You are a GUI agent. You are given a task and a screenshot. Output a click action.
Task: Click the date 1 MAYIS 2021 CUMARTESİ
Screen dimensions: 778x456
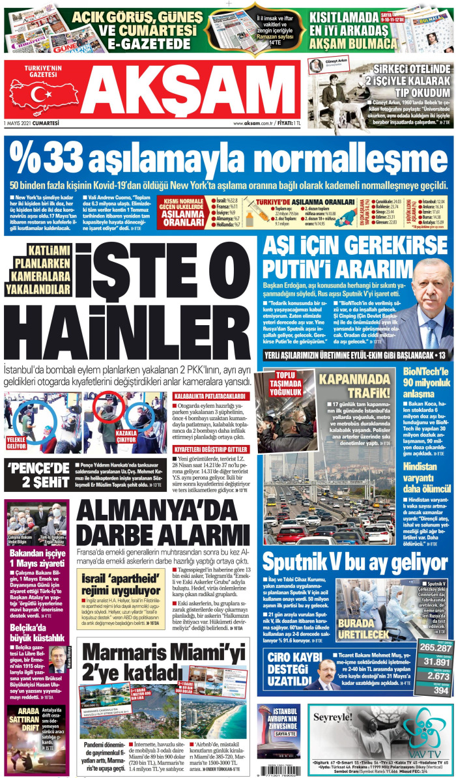[31, 122]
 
